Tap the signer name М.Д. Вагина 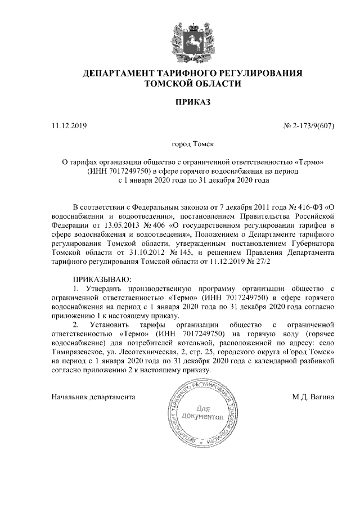tap(313, 397)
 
